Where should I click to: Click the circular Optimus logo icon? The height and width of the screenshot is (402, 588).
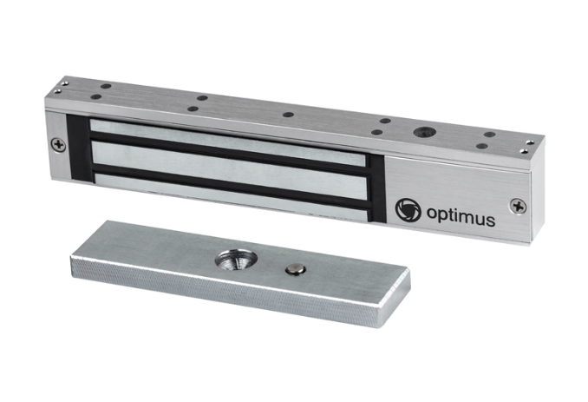408,209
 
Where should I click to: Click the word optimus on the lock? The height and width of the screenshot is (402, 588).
461,216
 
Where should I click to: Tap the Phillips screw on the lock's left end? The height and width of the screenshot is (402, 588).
58,145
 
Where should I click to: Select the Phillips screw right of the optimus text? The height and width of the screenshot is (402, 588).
518,207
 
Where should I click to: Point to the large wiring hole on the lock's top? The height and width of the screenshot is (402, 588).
425,132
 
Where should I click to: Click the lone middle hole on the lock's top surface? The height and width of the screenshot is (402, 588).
288,115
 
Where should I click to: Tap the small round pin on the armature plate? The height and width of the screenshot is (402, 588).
296,268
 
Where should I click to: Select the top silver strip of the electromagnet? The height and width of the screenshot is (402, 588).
227,142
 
